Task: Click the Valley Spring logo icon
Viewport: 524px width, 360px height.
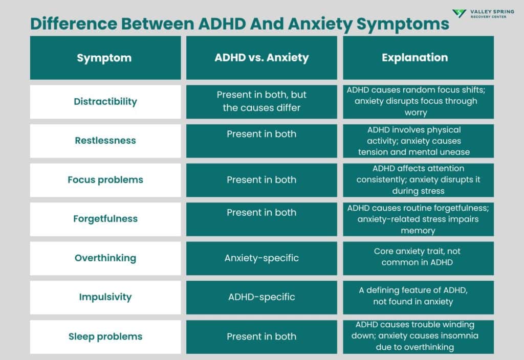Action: (x=459, y=14)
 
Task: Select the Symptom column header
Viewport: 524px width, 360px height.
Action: (x=104, y=58)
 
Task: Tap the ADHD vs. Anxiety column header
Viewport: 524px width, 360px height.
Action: (x=261, y=57)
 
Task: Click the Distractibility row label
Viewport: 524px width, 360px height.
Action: (x=105, y=101)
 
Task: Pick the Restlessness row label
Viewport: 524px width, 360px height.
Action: (x=105, y=141)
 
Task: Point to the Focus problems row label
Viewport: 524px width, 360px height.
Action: (x=105, y=179)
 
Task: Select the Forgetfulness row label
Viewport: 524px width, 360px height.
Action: (x=105, y=218)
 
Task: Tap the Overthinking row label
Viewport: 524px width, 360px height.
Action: (x=105, y=258)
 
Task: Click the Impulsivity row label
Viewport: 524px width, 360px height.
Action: (x=105, y=297)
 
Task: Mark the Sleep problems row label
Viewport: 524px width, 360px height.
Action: (x=105, y=336)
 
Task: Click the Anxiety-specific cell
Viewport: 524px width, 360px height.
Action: (x=261, y=258)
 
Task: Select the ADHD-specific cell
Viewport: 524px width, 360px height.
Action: (x=261, y=297)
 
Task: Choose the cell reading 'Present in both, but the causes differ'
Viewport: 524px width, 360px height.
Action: (x=261, y=101)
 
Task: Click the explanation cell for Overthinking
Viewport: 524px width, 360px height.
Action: (x=418, y=257)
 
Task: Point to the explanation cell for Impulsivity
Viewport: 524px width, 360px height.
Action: (x=418, y=296)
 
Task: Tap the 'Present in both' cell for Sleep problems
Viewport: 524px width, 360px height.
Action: (x=261, y=336)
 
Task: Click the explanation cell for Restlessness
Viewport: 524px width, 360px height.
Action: (x=418, y=141)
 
